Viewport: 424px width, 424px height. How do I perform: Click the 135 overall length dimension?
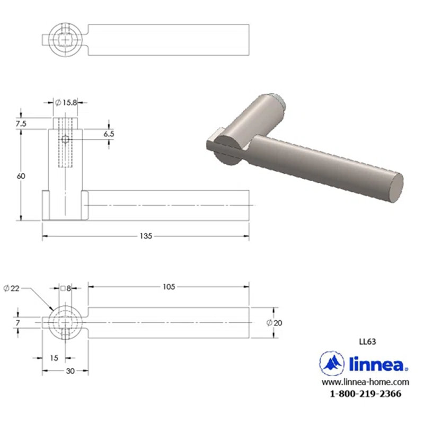[146, 236]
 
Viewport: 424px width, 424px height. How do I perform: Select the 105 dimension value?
[169, 287]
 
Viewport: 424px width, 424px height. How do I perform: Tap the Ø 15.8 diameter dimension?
[66, 102]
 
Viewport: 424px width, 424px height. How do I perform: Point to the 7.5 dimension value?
[21, 123]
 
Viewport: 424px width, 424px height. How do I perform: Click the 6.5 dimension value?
[109, 134]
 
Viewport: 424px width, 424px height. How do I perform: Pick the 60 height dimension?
[21, 176]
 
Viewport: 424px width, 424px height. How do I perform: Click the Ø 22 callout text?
[12, 288]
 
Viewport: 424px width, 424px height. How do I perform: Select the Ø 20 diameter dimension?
[274, 323]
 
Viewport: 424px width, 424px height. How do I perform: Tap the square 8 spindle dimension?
[66, 288]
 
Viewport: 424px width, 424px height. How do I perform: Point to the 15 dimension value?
[54, 358]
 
